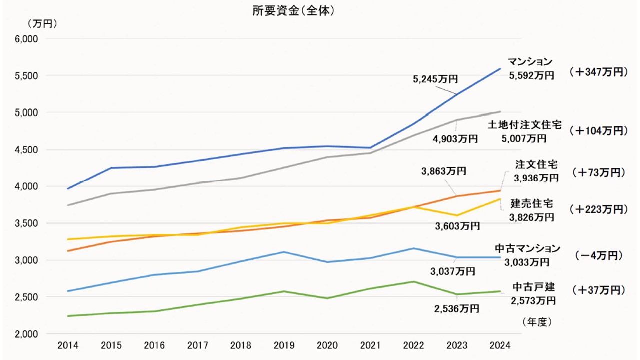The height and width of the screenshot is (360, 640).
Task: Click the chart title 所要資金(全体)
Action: click(x=293, y=11)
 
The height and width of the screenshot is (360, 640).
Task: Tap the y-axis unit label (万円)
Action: click(x=43, y=23)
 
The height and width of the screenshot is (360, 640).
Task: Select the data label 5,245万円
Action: click(x=436, y=78)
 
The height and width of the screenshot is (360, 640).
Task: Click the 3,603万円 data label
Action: click(x=458, y=226)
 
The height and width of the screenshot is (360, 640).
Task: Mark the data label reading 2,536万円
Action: click(x=456, y=308)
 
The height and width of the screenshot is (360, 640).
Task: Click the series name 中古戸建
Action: click(x=534, y=287)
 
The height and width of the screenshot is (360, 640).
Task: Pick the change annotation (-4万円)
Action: click(x=599, y=255)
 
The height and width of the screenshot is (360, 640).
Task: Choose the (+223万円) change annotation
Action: click(x=598, y=209)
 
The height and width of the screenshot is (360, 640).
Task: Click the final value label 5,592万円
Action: click(x=531, y=75)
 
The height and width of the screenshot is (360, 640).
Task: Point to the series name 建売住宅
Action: click(x=532, y=204)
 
